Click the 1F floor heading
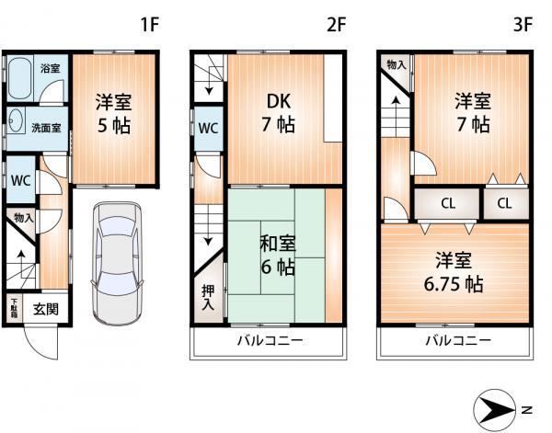[x=151, y=25]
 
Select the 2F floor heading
[x=337, y=25]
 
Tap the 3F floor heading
[x=523, y=25]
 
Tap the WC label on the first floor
[x=20, y=180]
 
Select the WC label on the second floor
[x=208, y=128]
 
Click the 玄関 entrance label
[x=46, y=310]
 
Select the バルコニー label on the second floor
[x=270, y=341]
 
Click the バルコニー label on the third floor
[x=456, y=341]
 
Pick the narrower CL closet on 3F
[x=505, y=203]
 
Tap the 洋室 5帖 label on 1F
[x=112, y=114]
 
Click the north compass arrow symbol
[x=501, y=409]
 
